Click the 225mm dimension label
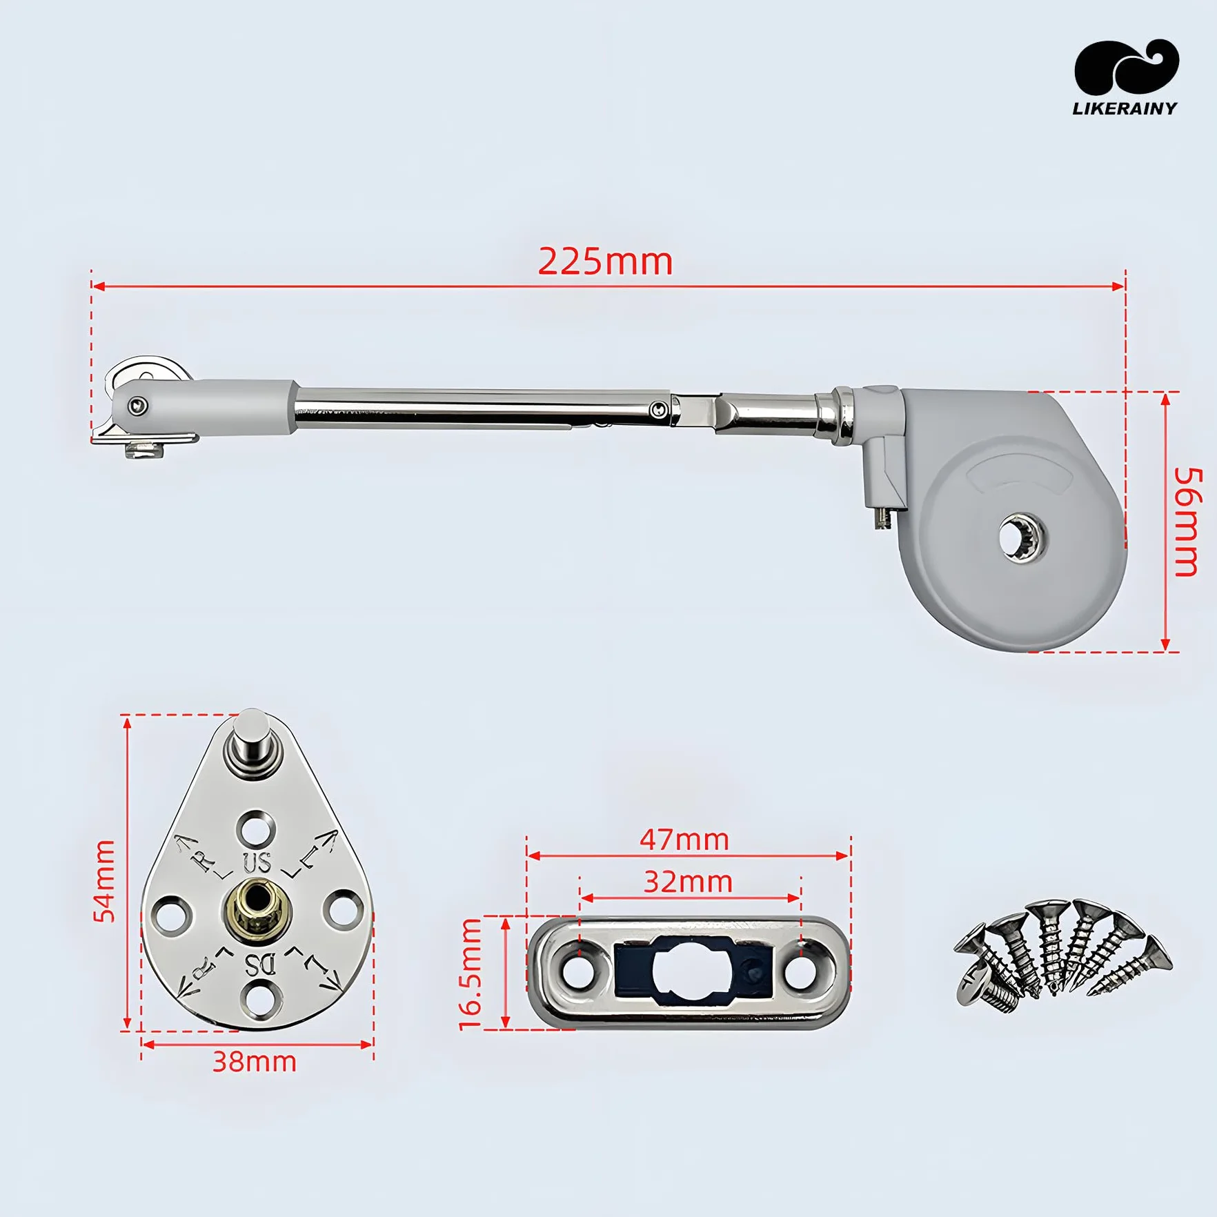605,262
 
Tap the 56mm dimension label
1188,522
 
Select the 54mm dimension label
105,881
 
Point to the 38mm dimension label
254,1062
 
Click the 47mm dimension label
684,840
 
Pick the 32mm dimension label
688,882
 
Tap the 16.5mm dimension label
471,974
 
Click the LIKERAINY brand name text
1125,108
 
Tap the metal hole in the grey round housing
1022,537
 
